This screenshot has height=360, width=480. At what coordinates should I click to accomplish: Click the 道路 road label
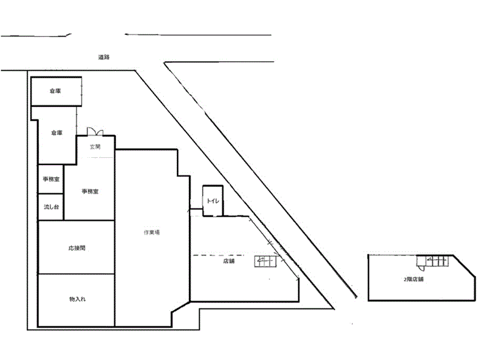click(103, 57)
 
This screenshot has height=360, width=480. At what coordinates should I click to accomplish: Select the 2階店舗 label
click(413, 279)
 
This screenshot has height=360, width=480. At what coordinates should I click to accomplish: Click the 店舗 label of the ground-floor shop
click(228, 261)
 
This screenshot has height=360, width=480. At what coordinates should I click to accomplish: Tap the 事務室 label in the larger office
click(90, 192)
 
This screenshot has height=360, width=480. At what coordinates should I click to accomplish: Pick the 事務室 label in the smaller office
click(50, 179)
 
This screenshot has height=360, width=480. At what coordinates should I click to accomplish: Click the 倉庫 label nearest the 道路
click(55, 91)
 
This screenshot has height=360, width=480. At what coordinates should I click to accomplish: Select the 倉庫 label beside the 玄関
click(56, 133)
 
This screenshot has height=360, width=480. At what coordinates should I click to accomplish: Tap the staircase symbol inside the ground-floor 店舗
click(265, 260)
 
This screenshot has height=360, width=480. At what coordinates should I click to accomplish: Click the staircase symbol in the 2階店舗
click(433, 260)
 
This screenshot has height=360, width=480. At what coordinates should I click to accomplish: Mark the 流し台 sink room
click(51, 208)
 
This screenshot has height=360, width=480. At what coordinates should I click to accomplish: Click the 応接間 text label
click(76, 247)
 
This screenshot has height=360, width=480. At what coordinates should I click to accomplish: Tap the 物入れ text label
click(76, 298)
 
